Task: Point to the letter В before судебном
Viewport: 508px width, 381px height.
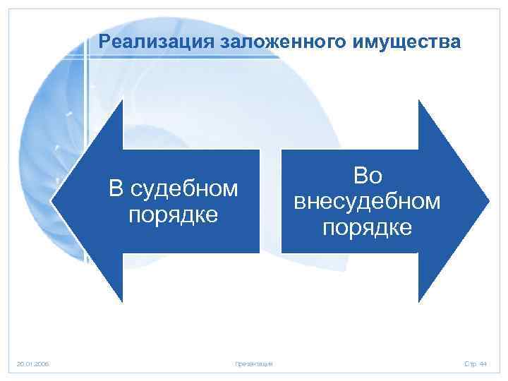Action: click(x=115, y=189)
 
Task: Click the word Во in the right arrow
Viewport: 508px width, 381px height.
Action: click(x=367, y=176)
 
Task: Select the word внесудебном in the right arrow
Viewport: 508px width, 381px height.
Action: click(x=367, y=202)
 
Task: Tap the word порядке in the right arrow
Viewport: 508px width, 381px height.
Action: click(x=367, y=227)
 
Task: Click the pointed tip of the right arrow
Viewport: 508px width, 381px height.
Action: click(x=489, y=200)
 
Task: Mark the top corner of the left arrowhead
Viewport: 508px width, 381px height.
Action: click(x=121, y=100)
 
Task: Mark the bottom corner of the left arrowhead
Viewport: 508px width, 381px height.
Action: click(x=121, y=302)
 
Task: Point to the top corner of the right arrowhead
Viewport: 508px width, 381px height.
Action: click(x=420, y=100)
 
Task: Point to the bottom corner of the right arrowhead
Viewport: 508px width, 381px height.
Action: click(x=420, y=302)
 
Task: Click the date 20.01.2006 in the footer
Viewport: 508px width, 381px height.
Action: click(x=33, y=363)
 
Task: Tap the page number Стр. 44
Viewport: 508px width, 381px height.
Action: click(x=476, y=363)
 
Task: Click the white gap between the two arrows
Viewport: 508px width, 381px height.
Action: click(x=270, y=201)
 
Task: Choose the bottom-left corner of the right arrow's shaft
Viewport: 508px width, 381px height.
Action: click(x=282, y=252)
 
